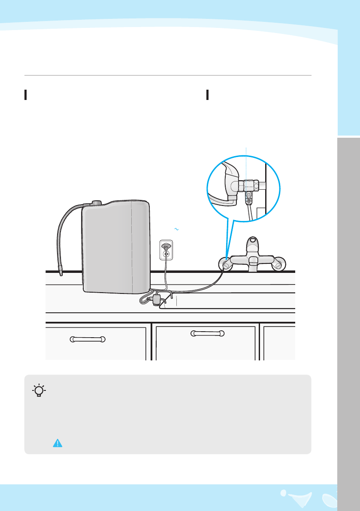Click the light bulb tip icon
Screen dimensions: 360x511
(39, 390)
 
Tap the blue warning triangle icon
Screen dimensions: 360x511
(57, 444)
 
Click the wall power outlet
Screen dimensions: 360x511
(166, 250)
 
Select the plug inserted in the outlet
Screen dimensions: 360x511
(166, 246)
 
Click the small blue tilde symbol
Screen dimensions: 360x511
(176, 230)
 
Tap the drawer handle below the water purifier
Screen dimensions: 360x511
(88, 339)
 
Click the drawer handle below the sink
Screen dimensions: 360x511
(207, 333)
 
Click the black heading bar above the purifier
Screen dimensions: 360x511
(26, 95)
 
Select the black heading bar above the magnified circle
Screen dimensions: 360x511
(207, 95)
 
